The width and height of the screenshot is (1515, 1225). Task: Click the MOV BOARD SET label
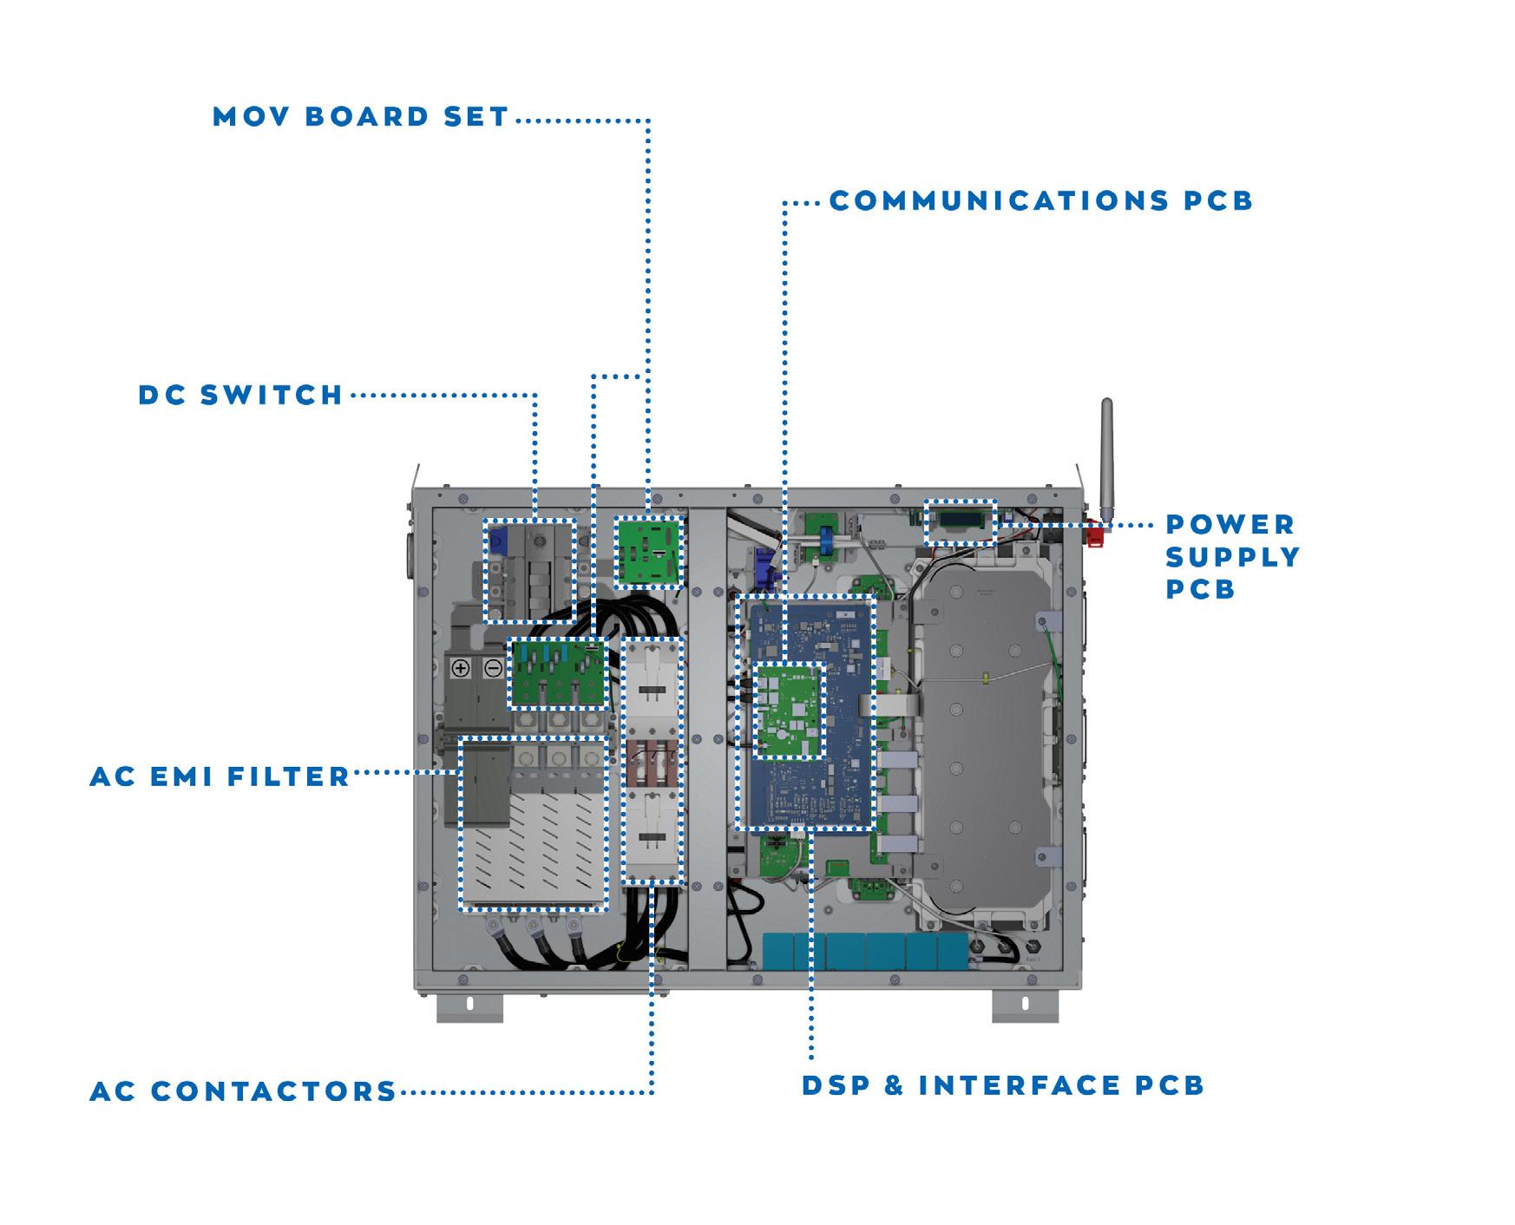[360, 117]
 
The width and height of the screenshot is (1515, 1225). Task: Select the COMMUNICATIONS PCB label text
[1041, 201]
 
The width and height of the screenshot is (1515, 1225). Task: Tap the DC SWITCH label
[241, 396]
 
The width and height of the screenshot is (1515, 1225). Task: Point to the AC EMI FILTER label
[220, 776]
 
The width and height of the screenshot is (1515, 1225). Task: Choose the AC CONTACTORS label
[243, 1091]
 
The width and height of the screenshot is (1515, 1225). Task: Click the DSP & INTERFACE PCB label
[1003, 1085]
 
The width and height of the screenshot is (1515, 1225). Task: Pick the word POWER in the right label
[1230, 525]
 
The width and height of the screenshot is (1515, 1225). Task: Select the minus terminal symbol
[492, 669]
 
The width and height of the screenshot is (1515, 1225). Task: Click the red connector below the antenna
[1095, 534]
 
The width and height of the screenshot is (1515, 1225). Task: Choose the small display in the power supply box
[959, 521]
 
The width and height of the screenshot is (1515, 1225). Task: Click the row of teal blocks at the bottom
[864, 952]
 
